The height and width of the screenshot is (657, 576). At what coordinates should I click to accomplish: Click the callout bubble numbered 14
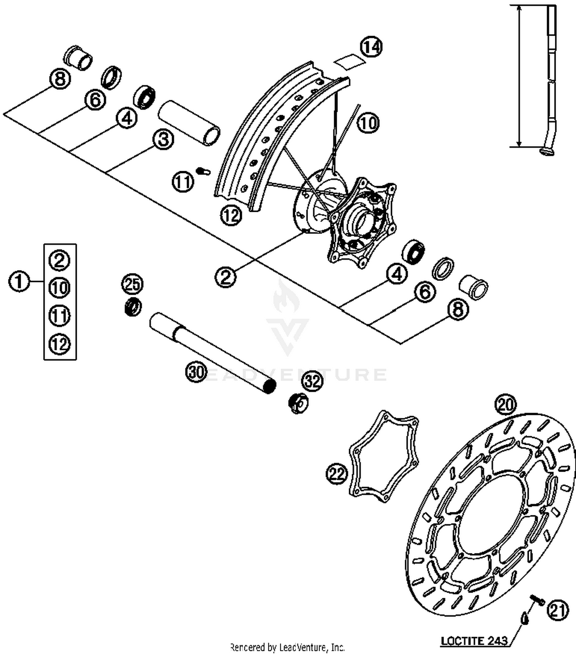pos(371,47)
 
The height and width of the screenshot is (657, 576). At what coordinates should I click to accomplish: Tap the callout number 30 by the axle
pos(197,372)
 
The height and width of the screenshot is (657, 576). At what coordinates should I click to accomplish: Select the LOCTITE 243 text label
pos(474,640)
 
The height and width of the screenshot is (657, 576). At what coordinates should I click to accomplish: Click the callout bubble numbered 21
pos(558,610)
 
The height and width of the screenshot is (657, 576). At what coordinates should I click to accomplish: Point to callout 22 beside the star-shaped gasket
pos(337,474)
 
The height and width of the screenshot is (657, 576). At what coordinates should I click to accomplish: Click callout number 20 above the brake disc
pos(506,404)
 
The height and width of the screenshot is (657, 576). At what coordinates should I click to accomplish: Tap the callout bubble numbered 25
pos(132,284)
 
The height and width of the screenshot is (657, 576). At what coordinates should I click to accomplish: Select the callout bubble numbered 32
pos(313,381)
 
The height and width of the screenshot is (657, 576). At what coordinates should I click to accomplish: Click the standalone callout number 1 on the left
pos(19,282)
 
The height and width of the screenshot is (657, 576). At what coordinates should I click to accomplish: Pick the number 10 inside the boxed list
pos(60,287)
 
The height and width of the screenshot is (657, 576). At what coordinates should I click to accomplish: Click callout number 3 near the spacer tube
pos(163,139)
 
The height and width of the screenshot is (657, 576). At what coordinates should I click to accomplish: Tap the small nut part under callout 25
pos(133,307)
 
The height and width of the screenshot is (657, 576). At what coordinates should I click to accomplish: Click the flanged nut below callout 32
pos(298,403)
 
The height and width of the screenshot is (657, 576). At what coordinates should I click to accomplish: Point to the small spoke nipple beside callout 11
pos(203,171)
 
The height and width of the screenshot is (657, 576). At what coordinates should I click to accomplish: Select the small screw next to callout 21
pos(538,599)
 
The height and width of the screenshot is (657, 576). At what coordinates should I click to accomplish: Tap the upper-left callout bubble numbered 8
pos(60,79)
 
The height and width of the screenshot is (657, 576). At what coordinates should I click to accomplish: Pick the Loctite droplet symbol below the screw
pos(525,618)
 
